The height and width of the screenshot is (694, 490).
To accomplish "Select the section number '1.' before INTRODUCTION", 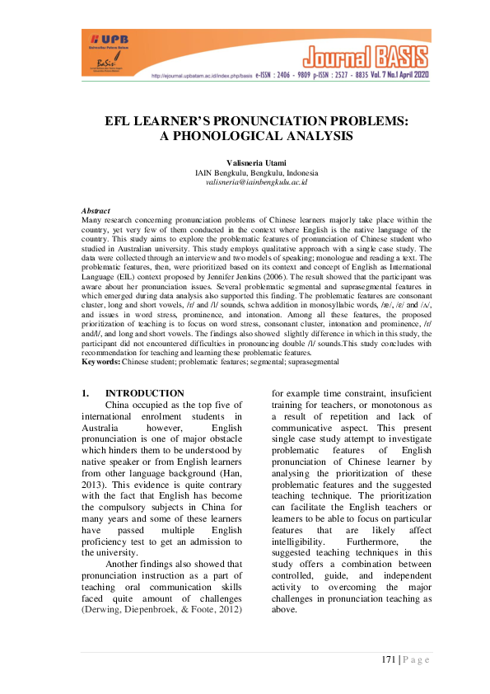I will pos(86,393).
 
